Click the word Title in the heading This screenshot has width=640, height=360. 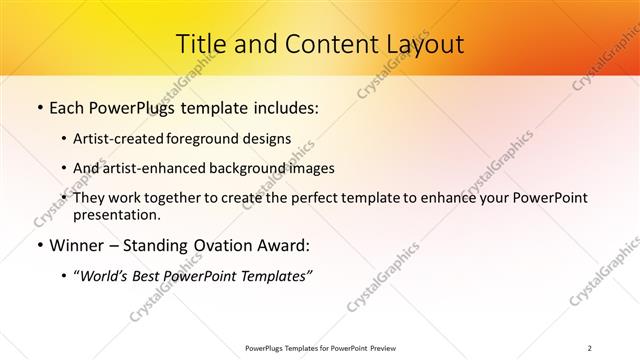[199, 44]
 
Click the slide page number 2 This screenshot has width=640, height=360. [590, 348]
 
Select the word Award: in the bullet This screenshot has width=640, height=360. [282, 245]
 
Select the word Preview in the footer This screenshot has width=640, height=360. [377, 348]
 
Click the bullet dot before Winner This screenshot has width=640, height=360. [39, 246]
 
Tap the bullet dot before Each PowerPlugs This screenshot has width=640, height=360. [39, 107]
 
